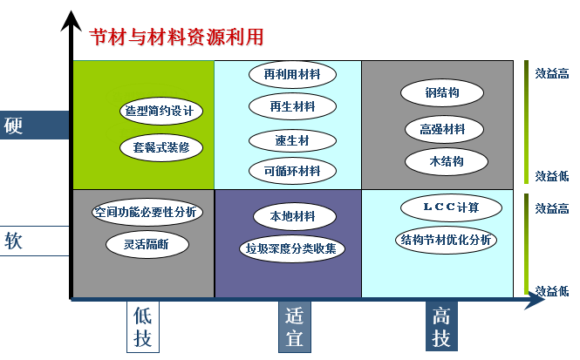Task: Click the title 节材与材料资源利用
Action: [176, 37]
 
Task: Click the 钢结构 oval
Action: [442, 92]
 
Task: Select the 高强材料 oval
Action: [442, 129]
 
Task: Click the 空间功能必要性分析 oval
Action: [146, 212]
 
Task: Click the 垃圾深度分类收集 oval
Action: [292, 249]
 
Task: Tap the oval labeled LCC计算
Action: [451, 207]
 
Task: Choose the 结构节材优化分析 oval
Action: [445, 240]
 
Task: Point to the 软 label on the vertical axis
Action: [15, 241]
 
